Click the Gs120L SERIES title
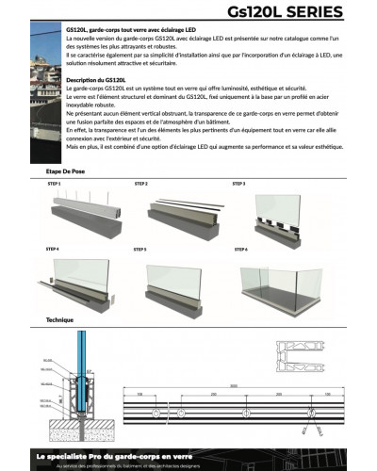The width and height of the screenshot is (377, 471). (x=300, y=12)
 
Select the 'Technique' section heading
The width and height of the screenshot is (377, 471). (x=59, y=320)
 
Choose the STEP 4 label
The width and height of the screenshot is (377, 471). (x=54, y=249)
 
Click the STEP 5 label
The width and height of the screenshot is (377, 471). (x=153, y=249)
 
